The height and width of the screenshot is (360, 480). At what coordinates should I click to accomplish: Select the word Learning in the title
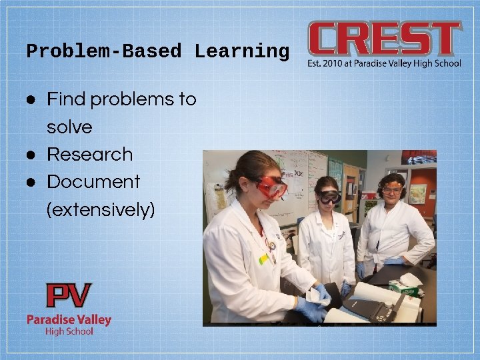[242, 51]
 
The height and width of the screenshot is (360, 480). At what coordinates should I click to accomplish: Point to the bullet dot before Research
[31, 154]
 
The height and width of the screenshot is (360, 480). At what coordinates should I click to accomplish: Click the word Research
[89, 154]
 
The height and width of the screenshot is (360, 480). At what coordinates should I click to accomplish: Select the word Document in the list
[93, 181]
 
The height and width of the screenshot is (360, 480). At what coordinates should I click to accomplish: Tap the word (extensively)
[101, 209]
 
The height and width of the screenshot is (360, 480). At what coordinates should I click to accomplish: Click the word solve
[69, 127]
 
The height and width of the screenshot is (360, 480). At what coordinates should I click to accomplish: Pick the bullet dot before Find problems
[31, 99]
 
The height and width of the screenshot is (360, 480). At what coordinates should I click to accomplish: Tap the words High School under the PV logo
[69, 331]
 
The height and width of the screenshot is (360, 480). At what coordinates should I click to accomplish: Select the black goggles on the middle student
[329, 197]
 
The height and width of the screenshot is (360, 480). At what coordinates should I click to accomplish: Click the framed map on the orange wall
[418, 194]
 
